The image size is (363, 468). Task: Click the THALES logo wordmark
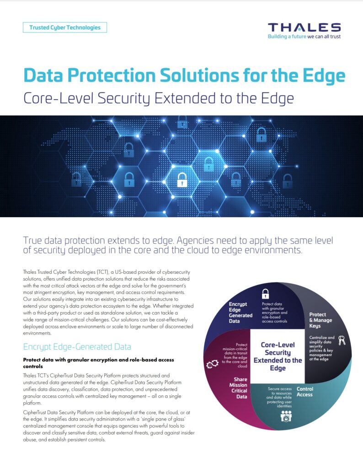pos(304,27)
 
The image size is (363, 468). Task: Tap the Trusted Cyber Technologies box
pos(65,27)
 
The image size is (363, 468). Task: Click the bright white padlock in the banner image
pos(182,180)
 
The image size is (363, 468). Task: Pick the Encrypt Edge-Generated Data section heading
pos(77,347)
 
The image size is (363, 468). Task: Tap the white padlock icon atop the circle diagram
pos(265,294)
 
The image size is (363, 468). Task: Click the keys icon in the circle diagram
pos(342,340)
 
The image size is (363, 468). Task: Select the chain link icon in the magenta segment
pos(212,364)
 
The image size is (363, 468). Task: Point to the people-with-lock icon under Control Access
pos(286,416)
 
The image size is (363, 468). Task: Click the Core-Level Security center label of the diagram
pos(278,356)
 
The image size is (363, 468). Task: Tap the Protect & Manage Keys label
pos(320,320)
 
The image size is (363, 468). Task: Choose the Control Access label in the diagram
pos(305,392)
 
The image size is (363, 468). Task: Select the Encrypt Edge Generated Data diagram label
pos(240,313)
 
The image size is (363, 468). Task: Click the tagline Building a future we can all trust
pos(304,37)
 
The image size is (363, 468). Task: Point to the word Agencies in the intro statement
pos(196,240)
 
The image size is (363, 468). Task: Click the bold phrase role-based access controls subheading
pos(98,363)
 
